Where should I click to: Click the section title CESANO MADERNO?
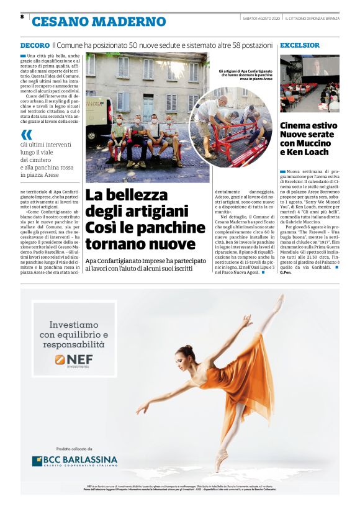[99, 22]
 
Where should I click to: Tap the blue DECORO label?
[35, 46]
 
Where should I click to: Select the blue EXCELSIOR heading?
[300, 45]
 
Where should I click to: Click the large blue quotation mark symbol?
[26, 135]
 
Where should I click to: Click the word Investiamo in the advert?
[74, 325]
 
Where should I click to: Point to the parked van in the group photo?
[94, 118]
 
